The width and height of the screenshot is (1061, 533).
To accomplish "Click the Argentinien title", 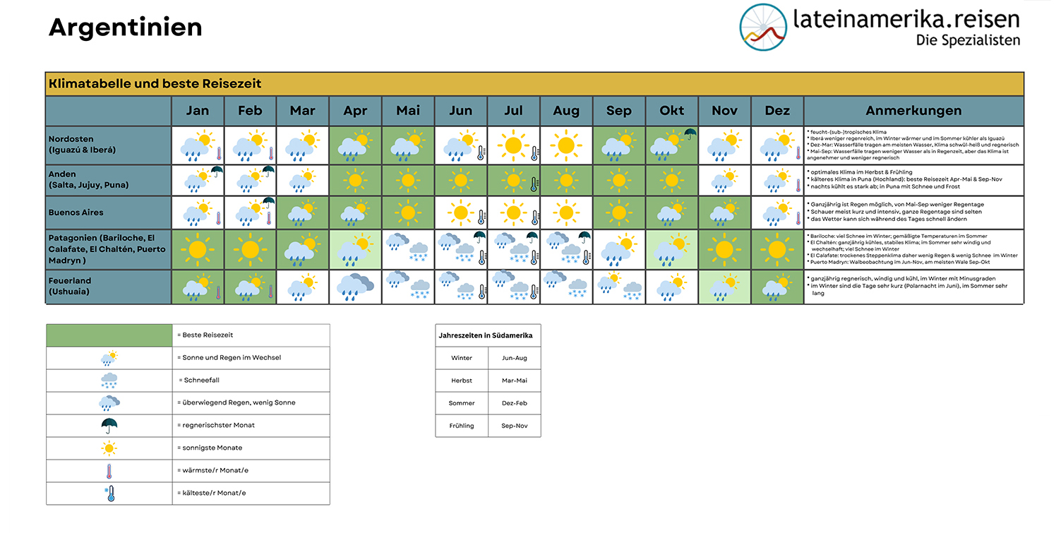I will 126,28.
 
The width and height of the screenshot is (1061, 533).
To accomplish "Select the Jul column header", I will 513,111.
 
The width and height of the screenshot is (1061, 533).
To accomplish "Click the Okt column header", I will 671,111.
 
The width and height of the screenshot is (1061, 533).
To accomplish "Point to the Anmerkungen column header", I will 913,111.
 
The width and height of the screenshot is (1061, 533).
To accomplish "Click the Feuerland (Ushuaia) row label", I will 71,286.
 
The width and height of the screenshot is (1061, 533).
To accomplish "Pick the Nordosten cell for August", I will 566,145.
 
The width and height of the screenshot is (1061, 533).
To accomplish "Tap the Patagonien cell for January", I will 198,248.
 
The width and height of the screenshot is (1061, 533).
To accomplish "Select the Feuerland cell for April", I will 355,287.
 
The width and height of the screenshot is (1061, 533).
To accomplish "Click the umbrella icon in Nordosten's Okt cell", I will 689,134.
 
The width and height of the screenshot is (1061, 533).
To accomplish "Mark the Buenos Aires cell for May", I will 408,212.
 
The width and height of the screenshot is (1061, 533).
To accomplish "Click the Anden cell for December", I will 777,181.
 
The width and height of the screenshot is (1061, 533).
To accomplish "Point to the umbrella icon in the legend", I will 109,426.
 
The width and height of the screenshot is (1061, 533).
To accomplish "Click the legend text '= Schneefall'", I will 200,380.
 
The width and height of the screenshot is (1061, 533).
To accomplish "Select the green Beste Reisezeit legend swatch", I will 109,335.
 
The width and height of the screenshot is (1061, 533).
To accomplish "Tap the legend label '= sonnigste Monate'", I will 210,448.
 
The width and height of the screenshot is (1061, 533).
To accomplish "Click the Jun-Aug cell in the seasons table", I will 515,358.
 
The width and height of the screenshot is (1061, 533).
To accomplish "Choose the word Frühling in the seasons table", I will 462,426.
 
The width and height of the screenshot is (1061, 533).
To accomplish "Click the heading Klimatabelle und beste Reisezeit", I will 155,84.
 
